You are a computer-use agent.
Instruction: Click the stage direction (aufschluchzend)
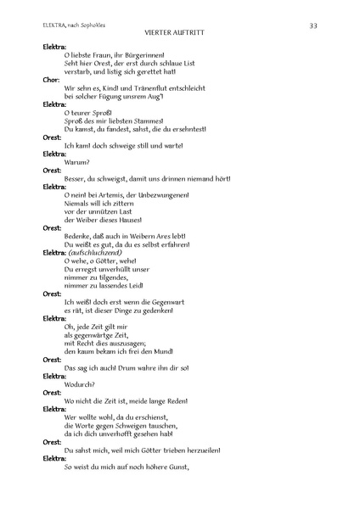[98, 253]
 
